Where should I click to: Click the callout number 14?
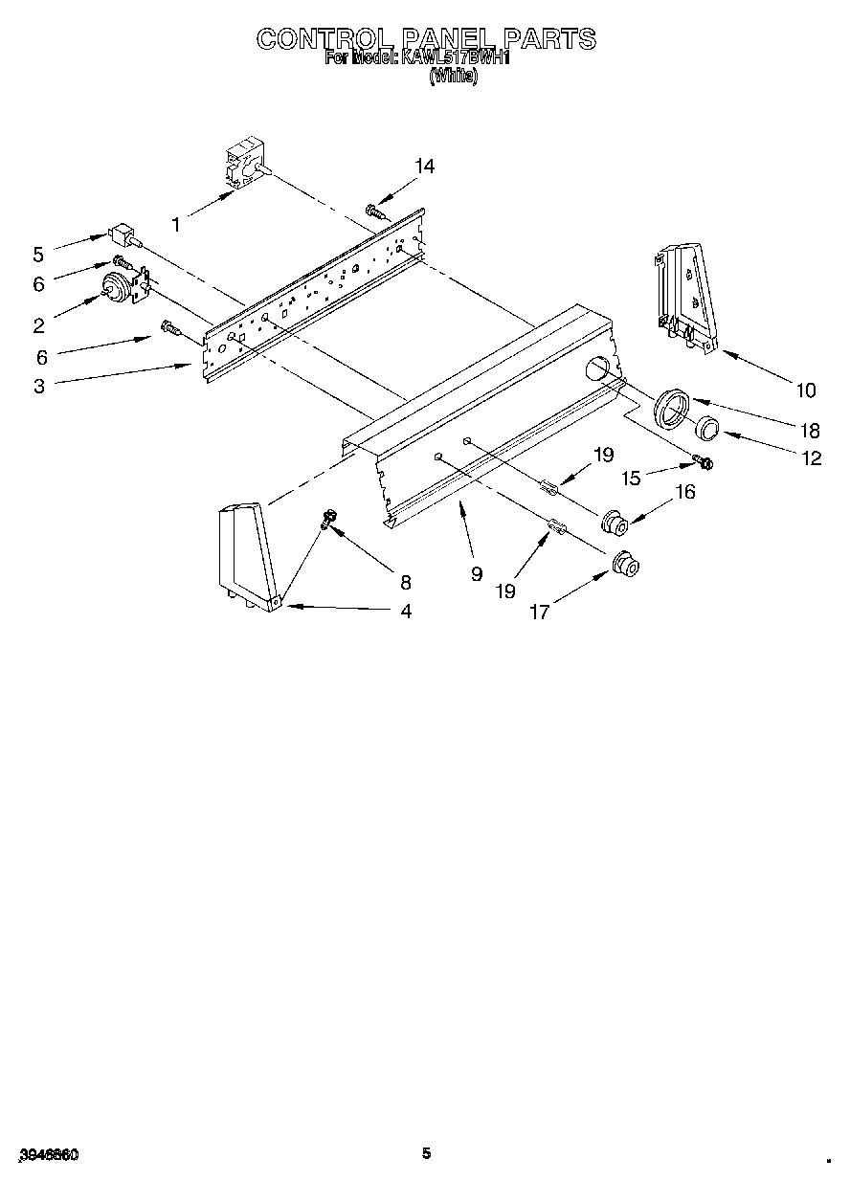[424, 167]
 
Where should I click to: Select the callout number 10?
[805, 390]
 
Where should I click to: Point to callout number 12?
[812, 458]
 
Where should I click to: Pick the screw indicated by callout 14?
[375, 210]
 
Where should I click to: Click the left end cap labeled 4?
[244, 556]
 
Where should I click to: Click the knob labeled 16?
[613, 523]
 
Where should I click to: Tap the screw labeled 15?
[704, 463]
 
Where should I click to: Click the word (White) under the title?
[453, 77]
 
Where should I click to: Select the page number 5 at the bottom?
[426, 1153]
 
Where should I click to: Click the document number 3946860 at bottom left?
[47, 1155]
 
